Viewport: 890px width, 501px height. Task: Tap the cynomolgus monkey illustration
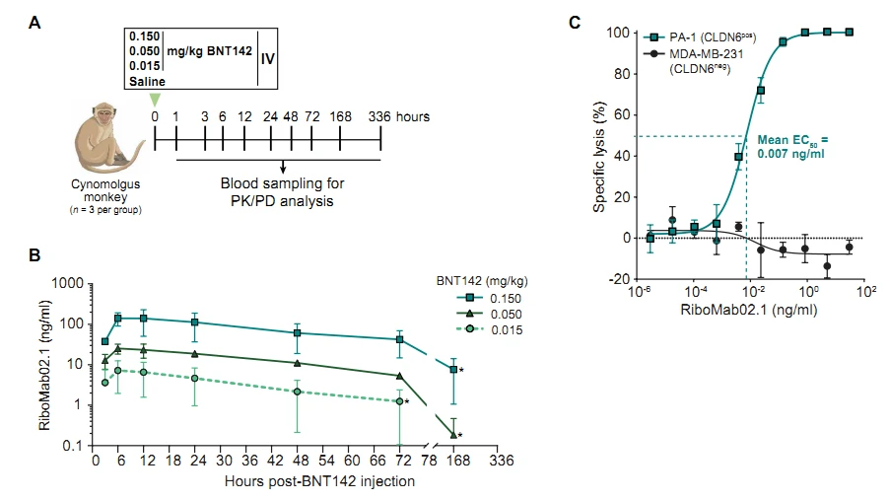click(103, 137)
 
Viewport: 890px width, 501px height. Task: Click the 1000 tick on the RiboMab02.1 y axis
click(66, 283)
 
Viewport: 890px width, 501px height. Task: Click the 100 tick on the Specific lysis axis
click(621, 33)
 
